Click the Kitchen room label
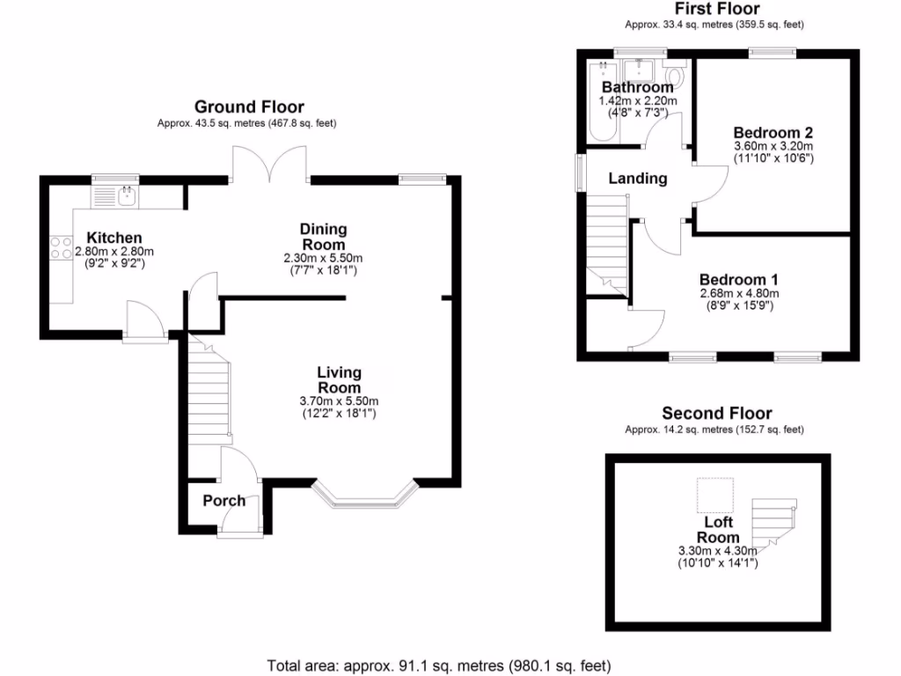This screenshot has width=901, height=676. pyautogui.click(x=114, y=238)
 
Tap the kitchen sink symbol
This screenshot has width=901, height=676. pyautogui.click(x=128, y=195)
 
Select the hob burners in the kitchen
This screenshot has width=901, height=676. pyautogui.click(x=61, y=247)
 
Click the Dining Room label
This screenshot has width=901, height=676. pyautogui.click(x=323, y=237)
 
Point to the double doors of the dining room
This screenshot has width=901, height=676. pyautogui.click(x=269, y=165)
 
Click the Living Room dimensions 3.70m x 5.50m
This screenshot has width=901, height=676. pyautogui.click(x=338, y=401)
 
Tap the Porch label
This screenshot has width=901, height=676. pyautogui.click(x=224, y=501)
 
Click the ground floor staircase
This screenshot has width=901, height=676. pyautogui.click(x=208, y=391)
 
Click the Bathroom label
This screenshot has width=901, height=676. pyautogui.click(x=637, y=87)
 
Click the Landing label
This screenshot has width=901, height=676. pyautogui.click(x=638, y=179)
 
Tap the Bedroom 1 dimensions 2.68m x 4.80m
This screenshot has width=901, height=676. pyautogui.click(x=739, y=293)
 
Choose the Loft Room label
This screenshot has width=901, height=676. pyautogui.click(x=718, y=531)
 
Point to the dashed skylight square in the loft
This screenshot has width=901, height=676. pyautogui.click(x=714, y=496)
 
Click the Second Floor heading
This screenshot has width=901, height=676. pyautogui.click(x=717, y=413)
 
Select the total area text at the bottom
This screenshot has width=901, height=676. pyautogui.click(x=438, y=665)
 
